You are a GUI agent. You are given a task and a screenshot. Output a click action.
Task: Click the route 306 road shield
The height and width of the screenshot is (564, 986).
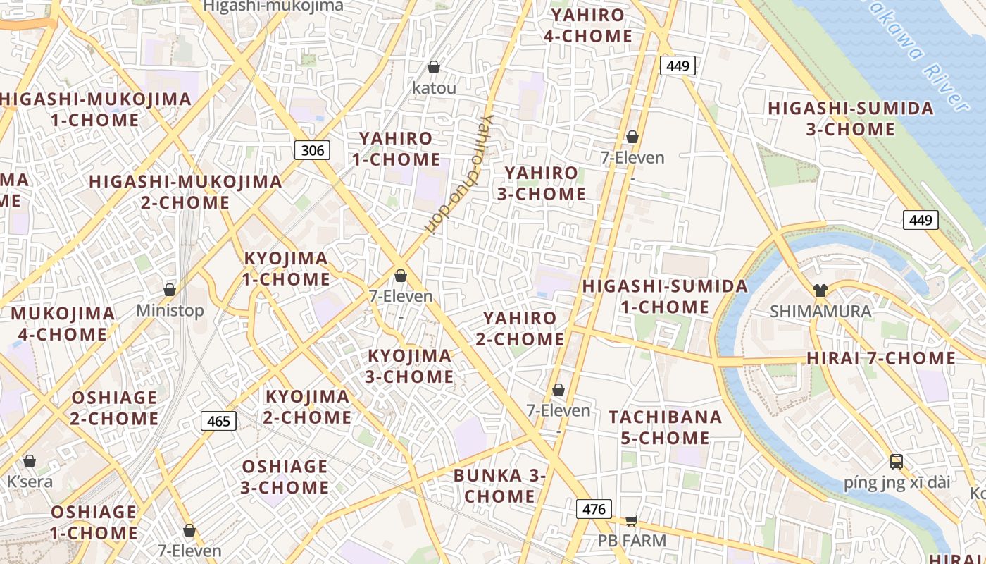(313, 149)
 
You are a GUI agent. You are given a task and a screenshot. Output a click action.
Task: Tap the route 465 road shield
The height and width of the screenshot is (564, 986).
(219, 421)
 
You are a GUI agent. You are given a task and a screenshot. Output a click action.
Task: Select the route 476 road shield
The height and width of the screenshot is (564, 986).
(594, 508)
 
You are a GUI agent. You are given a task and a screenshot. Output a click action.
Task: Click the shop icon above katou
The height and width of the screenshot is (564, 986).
(434, 67)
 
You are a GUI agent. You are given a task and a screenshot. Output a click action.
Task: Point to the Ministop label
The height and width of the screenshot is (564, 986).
(170, 310)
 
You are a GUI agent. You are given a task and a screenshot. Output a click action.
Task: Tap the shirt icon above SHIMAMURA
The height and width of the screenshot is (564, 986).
(820, 290)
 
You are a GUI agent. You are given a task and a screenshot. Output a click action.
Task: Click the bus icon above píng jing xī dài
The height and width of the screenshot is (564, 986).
(896, 462)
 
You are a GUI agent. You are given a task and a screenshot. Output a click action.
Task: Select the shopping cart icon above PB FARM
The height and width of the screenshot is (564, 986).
(632, 520)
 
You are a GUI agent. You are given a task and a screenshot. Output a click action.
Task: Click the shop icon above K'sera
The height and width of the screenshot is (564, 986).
(30, 461)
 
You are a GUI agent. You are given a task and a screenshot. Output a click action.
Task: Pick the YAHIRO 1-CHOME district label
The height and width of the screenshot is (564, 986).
(396, 149)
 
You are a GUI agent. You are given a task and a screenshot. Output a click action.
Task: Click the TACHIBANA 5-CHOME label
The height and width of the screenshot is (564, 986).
(666, 427)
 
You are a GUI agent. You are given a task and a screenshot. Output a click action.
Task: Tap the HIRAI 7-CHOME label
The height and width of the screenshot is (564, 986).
(880, 358)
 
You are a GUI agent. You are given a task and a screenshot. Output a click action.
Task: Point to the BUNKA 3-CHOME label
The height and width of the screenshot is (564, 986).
(499, 485)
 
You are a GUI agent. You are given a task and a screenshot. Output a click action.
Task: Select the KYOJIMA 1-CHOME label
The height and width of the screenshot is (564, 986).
(286, 269)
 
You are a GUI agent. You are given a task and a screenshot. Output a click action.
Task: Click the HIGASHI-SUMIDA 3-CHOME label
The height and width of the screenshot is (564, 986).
(851, 118)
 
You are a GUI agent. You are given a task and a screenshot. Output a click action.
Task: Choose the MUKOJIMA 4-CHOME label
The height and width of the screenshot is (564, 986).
(63, 324)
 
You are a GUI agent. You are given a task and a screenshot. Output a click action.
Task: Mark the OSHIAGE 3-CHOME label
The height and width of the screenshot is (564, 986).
(285, 477)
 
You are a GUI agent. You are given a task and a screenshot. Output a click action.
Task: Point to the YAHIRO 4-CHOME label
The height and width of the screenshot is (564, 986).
(588, 25)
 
